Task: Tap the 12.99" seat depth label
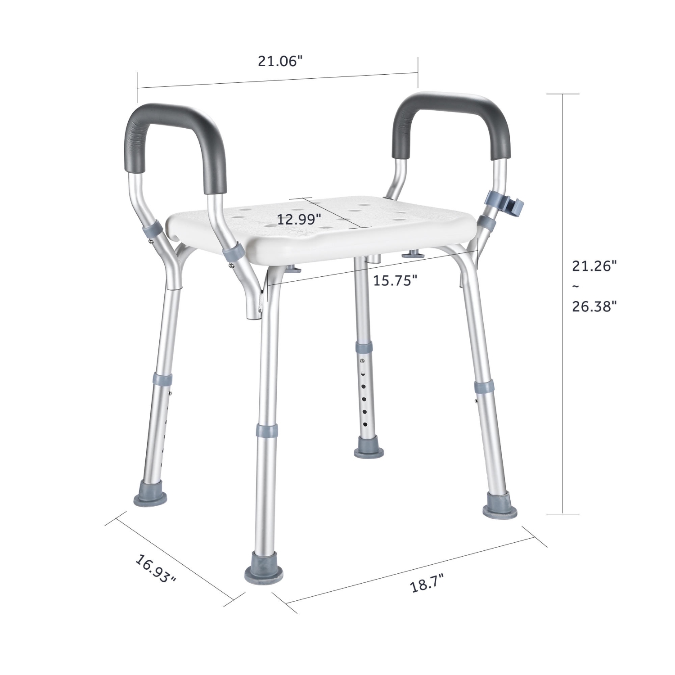(299, 220)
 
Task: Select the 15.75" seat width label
(395, 281)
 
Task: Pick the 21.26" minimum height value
(594, 266)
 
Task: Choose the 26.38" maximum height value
(594, 306)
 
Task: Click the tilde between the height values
(576, 286)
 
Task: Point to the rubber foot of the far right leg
(500, 510)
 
